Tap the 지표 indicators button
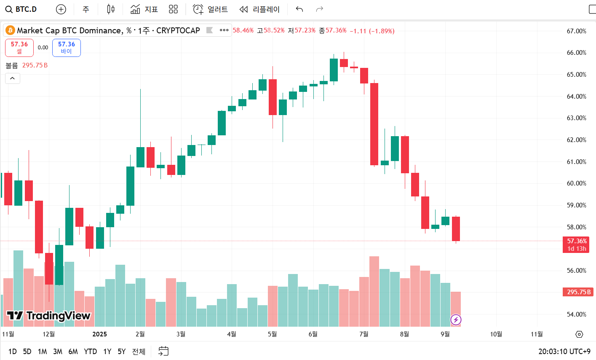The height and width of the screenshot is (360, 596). [x=144, y=9]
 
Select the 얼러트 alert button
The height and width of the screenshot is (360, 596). [x=210, y=9]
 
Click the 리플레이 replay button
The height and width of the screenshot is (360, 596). [x=259, y=9]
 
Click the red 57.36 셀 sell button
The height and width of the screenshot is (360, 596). [x=19, y=48]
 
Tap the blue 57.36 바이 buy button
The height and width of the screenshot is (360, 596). [x=67, y=48]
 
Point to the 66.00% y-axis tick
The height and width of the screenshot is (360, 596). [x=576, y=53]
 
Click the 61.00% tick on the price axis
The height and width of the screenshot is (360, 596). [x=576, y=162]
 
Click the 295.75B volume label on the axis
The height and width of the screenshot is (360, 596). [x=578, y=292]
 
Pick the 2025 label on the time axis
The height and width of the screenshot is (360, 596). [x=100, y=334]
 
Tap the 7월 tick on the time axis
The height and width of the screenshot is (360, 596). [x=364, y=334]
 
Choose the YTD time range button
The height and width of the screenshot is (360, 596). [x=90, y=352]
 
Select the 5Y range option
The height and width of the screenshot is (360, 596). [x=122, y=352]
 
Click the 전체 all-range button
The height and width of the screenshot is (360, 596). [x=139, y=352]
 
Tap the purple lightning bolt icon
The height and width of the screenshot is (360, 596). [x=456, y=320]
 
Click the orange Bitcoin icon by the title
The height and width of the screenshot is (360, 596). [x=10, y=30]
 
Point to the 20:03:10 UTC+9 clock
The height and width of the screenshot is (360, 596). [x=564, y=352]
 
